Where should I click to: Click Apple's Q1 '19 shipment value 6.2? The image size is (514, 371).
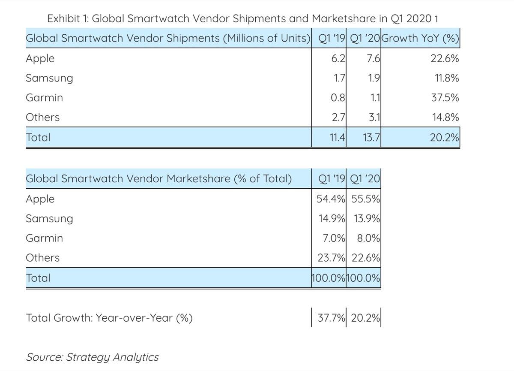point(338,58)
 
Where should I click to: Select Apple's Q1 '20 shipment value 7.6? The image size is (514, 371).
point(374,58)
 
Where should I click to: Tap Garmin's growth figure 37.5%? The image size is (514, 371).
point(445,98)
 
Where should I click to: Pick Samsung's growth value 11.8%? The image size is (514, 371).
point(446,78)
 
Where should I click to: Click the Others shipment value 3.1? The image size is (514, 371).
point(374,118)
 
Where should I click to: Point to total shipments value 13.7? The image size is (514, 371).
point(371,138)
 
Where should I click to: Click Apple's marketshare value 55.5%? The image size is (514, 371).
point(365,199)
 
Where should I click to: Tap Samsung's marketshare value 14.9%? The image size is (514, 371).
point(332,219)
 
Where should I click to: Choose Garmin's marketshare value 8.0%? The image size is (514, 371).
point(368,238)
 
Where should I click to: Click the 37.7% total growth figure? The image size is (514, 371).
point(331,318)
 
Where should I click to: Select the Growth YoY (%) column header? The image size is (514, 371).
point(420,39)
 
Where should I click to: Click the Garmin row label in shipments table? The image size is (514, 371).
point(44,98)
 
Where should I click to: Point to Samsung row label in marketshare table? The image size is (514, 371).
point(49,219)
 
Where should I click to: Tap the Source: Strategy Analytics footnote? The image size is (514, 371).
point(92,357)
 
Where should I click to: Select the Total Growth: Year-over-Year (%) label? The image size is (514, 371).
point(109,318)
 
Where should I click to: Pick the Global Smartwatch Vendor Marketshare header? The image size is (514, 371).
point(158,179)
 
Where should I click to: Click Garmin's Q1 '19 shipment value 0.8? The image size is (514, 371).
point(338,98)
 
